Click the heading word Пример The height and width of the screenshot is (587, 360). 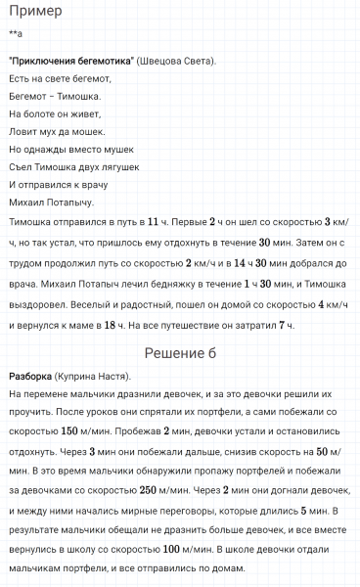click(x=35, y=13)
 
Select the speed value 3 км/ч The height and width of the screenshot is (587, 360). click(x=337, y=222)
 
